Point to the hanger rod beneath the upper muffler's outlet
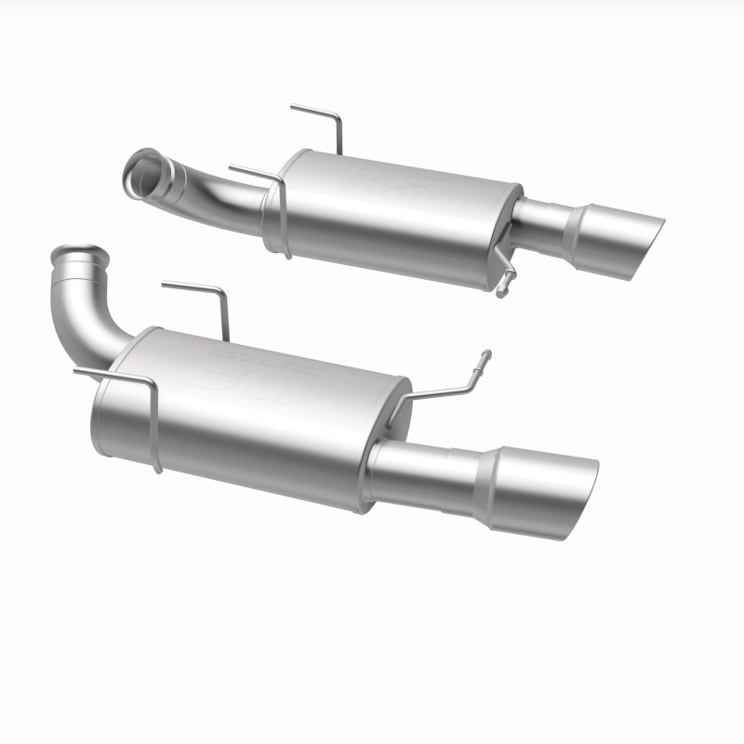[505, 275]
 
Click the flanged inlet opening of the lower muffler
[70, 255]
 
